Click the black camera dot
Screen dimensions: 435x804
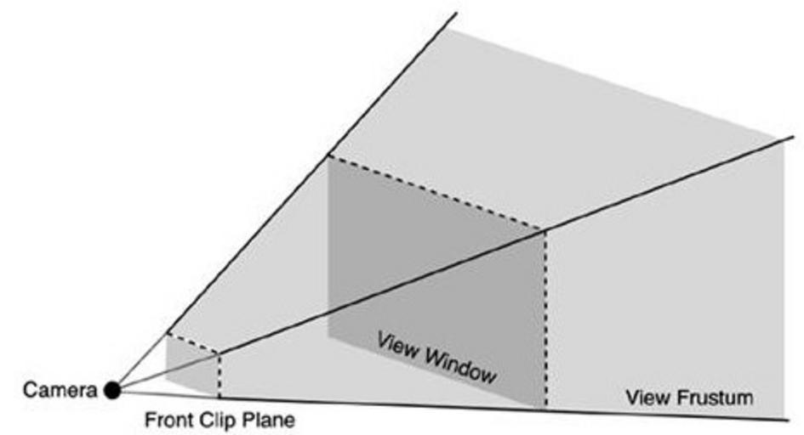click(111, 390)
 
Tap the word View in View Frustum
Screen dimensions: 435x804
click(646, 397)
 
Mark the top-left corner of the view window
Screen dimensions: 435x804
click(328, 155)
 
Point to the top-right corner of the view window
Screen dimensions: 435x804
click(545, 229)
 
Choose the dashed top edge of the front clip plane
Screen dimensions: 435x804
click(193, 342)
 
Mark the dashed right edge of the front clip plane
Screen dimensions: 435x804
click(220, 374)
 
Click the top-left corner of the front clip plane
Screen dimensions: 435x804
click(167, 333)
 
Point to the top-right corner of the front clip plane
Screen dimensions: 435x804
click(220, 352)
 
